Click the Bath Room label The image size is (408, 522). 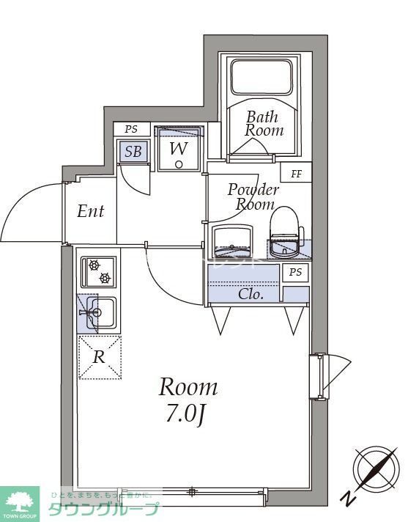[264, 123]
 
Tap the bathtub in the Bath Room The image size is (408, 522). [262, 76]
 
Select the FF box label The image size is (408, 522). [297, 174]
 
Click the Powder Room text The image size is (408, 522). [252, 196]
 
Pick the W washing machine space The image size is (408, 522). [178, 149]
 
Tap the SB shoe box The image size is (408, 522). [133, 152]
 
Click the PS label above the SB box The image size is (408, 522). [131, 129]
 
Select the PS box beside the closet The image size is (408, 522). [295, 273]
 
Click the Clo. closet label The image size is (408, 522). [251, 294]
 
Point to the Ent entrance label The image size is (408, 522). [91, 212]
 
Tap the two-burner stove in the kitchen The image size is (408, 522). [98, 272]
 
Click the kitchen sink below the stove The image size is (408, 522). [97, 312]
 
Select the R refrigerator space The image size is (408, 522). [99, 357]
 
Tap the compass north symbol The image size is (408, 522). [374, 467]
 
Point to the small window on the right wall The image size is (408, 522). [317, 376]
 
